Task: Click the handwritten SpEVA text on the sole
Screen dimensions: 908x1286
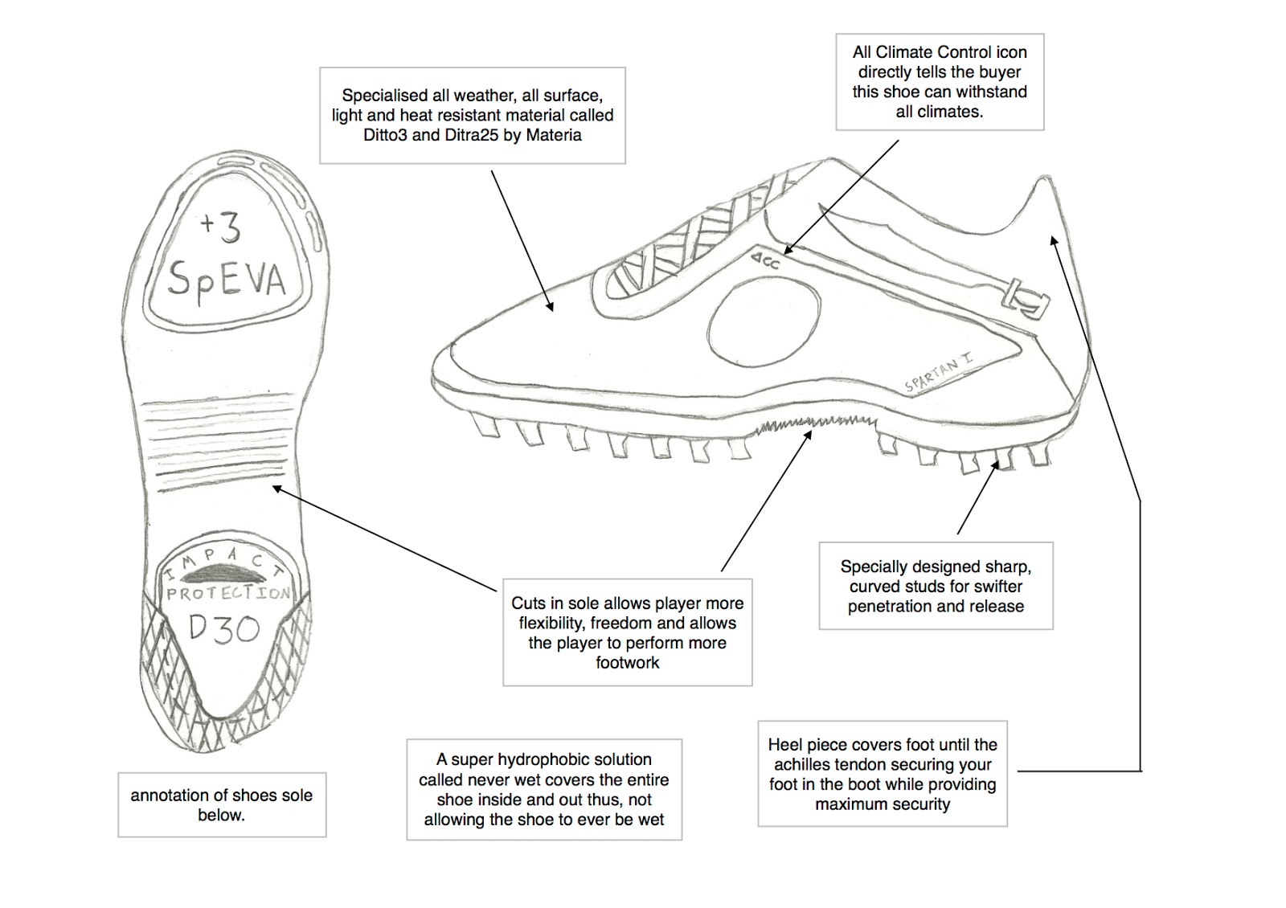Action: coord(226,279)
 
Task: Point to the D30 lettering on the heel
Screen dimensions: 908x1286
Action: coord(224,628)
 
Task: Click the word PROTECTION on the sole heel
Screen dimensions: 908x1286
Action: coord(228,593)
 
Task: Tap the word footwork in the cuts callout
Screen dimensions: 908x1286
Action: coord(627,663)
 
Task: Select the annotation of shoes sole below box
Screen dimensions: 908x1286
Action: coord(222,804)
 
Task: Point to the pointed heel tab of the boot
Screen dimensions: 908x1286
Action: coord(1044,187)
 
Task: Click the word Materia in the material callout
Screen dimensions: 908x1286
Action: coord(553,135)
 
